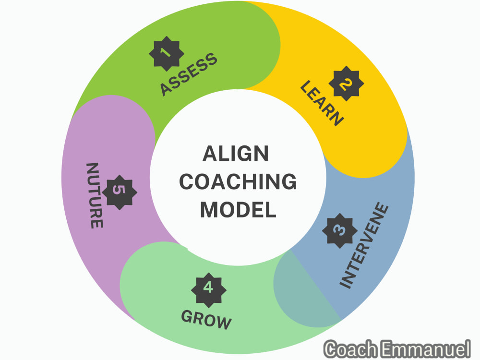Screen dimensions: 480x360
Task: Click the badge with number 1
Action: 166,54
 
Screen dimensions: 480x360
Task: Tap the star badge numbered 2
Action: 346,83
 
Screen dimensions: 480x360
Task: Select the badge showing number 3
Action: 340,230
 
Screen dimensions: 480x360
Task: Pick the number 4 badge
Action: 209,290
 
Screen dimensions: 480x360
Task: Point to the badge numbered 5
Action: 120,192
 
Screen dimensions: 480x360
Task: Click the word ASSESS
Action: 189,74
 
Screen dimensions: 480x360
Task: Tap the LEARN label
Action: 322,103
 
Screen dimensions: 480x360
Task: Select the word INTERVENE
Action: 364,245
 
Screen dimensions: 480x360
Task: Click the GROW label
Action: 206,320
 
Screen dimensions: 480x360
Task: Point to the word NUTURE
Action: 95,195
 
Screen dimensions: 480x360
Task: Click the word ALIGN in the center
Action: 235,154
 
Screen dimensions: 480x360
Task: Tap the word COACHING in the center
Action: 238,181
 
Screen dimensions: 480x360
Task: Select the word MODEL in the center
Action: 238,210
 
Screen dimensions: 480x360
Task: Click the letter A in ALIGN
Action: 210,154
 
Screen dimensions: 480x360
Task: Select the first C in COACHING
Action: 187,181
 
